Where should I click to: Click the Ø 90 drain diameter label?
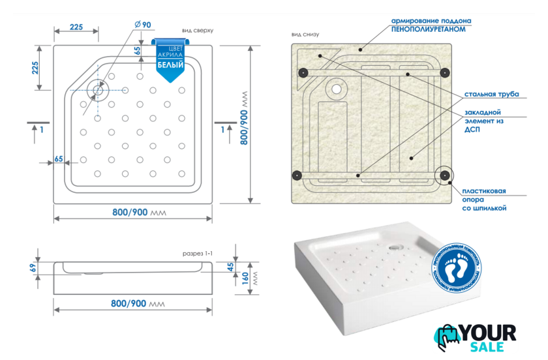click(x=142, y=25)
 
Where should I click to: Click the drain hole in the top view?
click(x=99, y=91)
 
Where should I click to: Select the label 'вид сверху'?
click(x=198, y=31)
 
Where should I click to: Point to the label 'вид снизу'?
click(x=306, y=35)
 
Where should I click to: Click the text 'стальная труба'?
click(x=491, y=95)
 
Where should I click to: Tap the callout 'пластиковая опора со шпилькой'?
click(x=484, y=200)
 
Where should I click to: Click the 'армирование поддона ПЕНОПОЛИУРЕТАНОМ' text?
click(x=431, y=25)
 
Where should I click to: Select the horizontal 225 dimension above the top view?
click(x=76, y=27)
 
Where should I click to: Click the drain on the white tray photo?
click(x=394, y=247)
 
